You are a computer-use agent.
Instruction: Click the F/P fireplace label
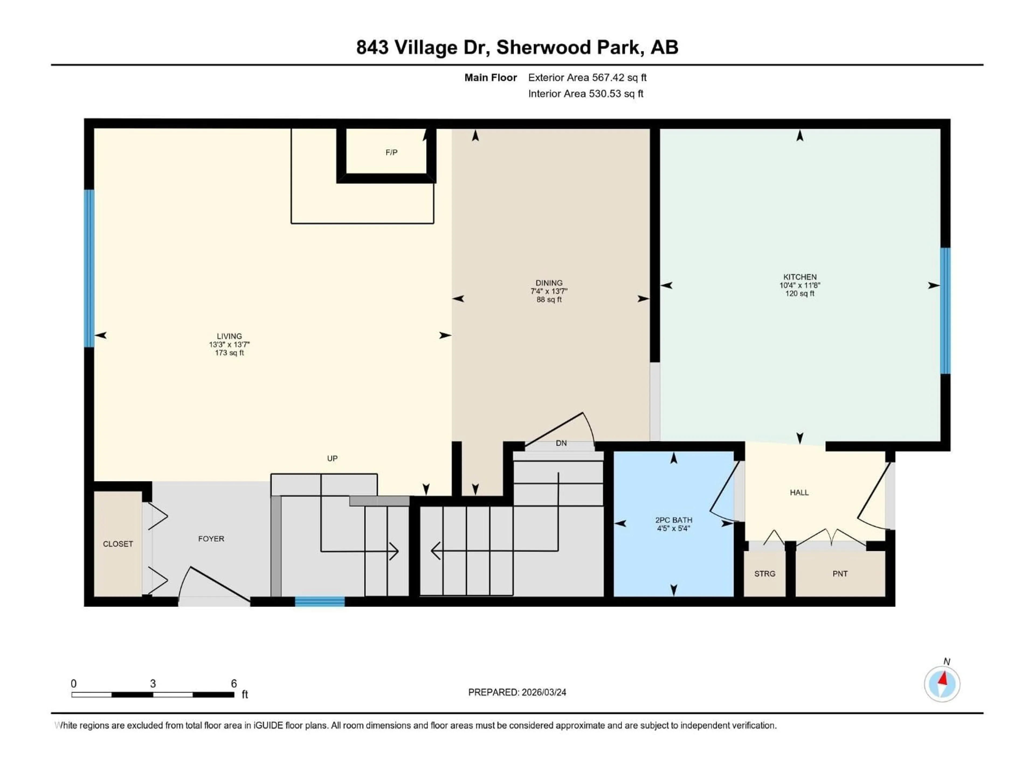tap(391, 153)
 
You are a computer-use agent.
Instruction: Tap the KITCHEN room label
tap(800, 277)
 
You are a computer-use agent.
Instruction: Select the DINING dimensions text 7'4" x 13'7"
tap(549, 291)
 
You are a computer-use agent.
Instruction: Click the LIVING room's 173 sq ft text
tap(229, 353)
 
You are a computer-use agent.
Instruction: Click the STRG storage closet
tap(765, 573)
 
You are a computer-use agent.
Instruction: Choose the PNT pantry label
tap(840, 573)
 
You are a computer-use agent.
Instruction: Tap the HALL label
tap(799, 493)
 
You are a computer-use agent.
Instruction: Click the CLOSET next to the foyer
tap(118, 544)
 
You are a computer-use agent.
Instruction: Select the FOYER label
tap(211, 539)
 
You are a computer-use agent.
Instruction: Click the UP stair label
tap(332, 458)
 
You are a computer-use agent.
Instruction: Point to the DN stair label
tap(561, 443)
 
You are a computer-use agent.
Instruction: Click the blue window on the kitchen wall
tap(945, 311)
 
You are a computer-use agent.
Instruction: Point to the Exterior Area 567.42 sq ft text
tap(587, 78)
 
